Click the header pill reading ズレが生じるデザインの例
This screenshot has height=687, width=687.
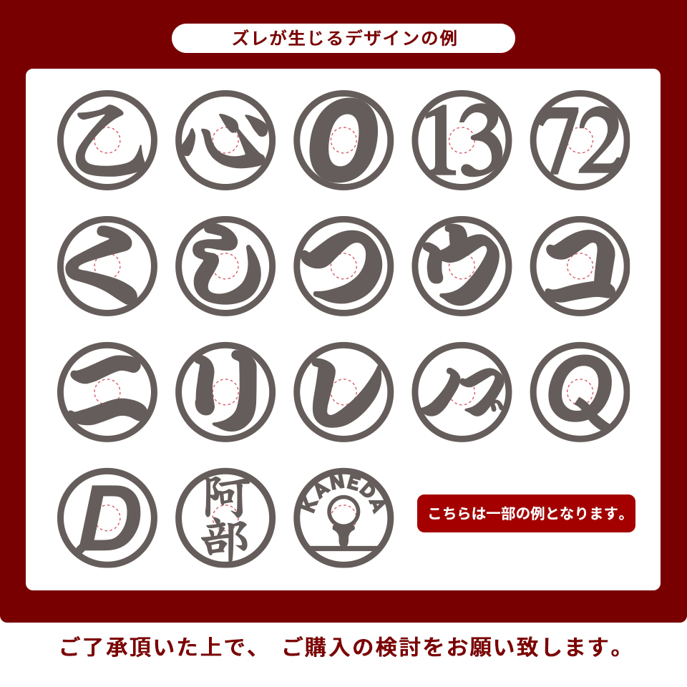[343, 39]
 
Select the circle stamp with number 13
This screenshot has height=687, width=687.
[462, 140]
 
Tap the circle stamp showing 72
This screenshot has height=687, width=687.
[580, 140]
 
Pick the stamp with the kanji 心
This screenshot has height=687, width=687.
[225, 140]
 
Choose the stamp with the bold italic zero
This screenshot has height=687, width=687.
[343, 140]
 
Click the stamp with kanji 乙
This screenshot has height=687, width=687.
[107, 140]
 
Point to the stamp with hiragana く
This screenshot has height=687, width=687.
[107, 266]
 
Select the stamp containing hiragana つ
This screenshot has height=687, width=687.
[343, 266]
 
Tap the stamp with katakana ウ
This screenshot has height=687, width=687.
[462, 266]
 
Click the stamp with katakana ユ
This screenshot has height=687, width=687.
[580, 266]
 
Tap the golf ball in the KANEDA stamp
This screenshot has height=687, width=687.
[343, 510]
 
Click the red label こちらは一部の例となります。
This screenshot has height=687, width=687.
[526, 514]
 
